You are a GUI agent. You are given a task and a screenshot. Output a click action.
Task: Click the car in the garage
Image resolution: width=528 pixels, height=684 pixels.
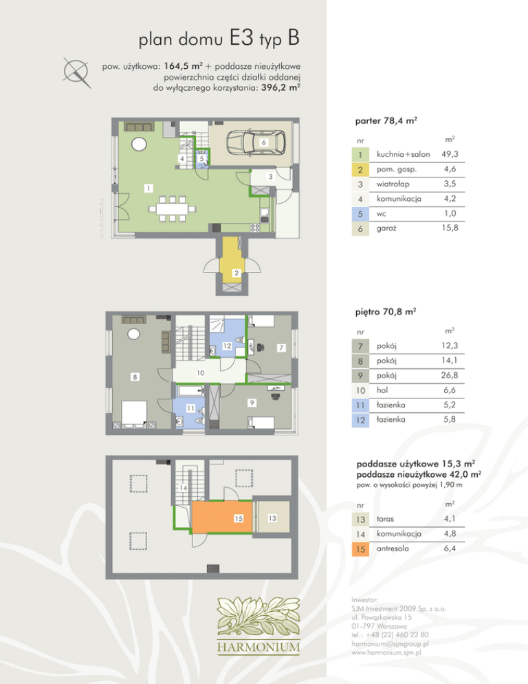256,142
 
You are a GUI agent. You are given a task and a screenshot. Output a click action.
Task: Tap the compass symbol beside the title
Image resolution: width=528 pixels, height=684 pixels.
76,72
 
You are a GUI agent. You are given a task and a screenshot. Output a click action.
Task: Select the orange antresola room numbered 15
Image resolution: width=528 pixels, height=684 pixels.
222,517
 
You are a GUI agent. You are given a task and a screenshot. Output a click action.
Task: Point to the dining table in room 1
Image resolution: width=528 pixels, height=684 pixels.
173,209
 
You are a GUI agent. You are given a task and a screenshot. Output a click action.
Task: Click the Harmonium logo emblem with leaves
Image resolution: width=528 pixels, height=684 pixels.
258,617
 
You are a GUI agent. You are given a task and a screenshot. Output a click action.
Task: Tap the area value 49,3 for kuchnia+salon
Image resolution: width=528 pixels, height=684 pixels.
450,154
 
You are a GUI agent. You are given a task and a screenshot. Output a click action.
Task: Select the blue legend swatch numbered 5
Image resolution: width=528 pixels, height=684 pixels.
360,214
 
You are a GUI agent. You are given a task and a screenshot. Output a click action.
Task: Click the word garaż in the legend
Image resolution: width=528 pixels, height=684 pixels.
386,228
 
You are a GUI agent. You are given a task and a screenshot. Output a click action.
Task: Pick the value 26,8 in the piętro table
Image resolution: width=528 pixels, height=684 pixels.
449,375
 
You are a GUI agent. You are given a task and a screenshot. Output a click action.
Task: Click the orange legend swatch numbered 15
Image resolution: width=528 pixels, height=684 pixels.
360,548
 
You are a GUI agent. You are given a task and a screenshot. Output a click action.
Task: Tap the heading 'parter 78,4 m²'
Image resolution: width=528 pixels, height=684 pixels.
386,121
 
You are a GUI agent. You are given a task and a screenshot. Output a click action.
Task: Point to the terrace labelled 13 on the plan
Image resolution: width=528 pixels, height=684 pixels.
272,517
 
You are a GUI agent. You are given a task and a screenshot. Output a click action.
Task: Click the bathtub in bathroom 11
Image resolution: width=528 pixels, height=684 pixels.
191,390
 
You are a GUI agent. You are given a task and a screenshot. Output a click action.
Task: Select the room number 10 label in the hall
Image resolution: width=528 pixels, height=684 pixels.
200,373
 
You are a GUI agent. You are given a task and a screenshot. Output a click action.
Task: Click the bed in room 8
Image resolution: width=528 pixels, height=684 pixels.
134,413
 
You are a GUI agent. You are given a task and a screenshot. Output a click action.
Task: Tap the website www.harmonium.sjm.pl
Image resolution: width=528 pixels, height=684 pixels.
386,652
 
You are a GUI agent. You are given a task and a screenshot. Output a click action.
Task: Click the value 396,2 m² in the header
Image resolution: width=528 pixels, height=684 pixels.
280,87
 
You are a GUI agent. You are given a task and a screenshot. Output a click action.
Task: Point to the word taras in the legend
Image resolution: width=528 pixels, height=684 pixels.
385,519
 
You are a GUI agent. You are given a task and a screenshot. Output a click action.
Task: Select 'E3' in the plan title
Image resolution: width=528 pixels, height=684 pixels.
241,38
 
